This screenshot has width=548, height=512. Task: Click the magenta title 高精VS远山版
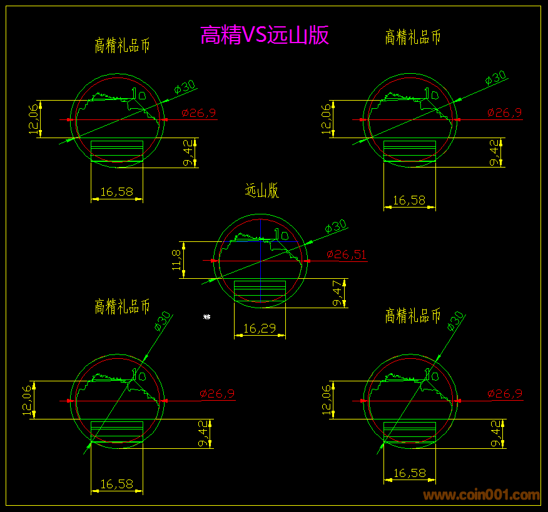[x=264, y=36]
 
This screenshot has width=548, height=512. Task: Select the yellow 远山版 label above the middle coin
[x=261, y=191]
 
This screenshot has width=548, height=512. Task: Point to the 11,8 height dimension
[x=176, y=259]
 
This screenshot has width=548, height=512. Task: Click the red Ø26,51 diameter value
[x=346, y=254]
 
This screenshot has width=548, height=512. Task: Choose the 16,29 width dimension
[x=260, y=328]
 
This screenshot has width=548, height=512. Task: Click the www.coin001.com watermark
[x=481, y=495]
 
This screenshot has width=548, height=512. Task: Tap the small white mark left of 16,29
[x=206, y=318]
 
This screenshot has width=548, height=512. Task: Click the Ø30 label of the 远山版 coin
[x=335, y=226]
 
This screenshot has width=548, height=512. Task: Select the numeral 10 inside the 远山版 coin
[x=280, y=235]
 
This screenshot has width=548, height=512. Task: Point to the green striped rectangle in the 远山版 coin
[x=260, y=291]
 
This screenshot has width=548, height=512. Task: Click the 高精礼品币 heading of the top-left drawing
[x=122, y=46]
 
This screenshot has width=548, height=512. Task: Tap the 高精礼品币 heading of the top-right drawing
[x=413, y=38]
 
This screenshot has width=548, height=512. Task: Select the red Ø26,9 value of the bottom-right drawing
[x=504, y=394]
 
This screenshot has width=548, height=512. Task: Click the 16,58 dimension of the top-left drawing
[x=116, y=192]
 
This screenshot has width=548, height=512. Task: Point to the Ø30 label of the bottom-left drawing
[x=163, y=322]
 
